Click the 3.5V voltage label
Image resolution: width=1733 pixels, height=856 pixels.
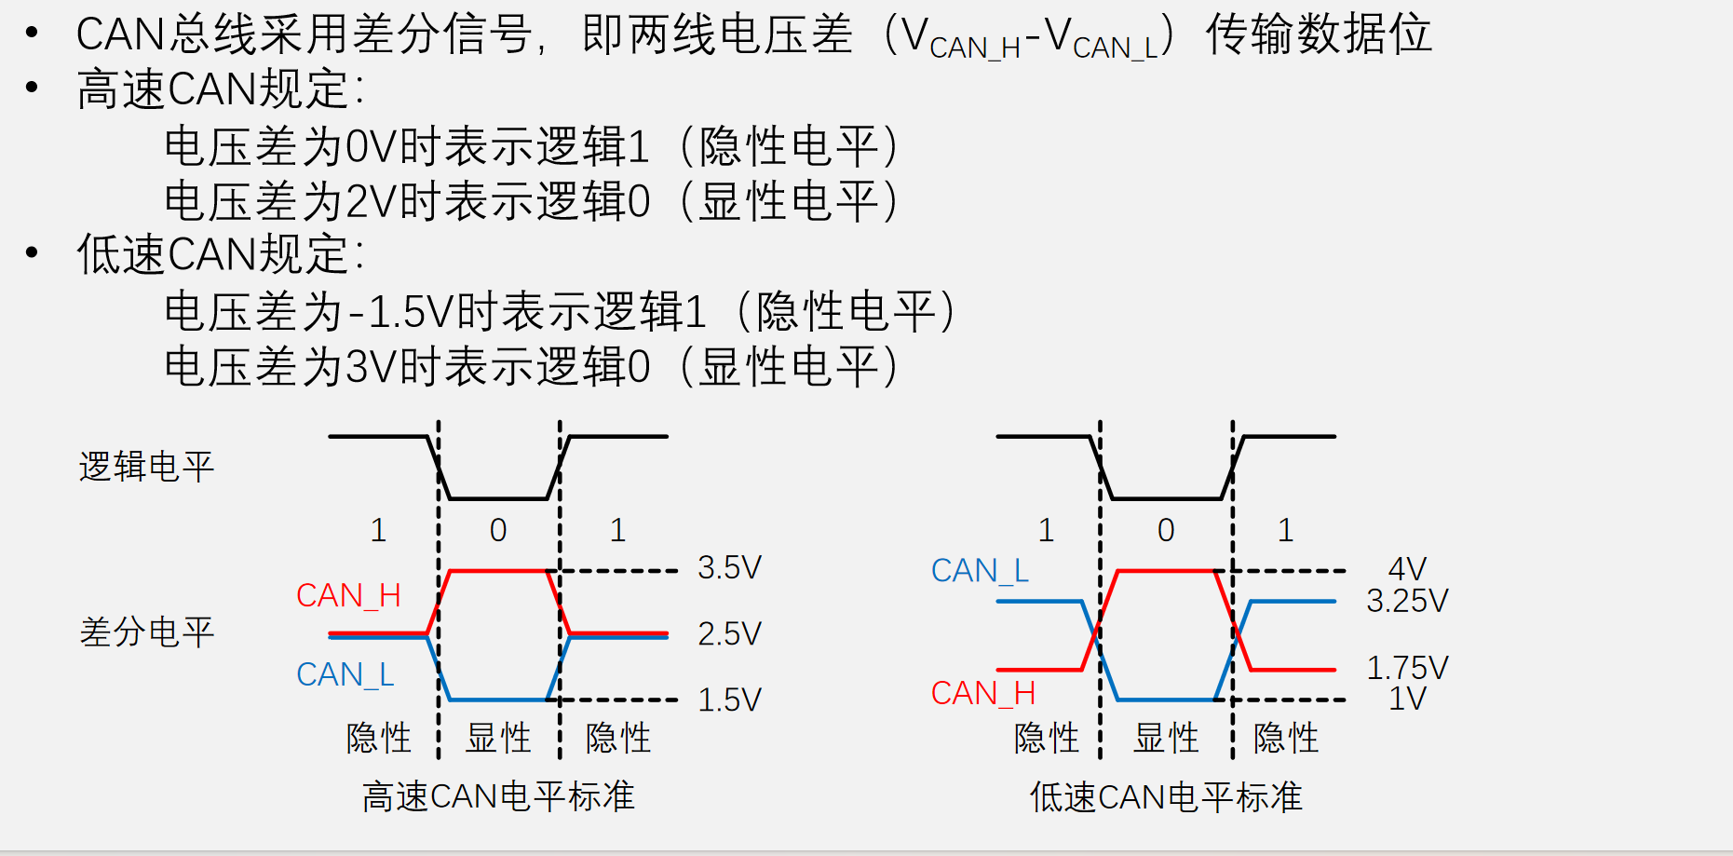point(729,567)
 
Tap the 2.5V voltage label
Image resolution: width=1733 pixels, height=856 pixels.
point(729,633)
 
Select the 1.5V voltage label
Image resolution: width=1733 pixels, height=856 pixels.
point(729,700)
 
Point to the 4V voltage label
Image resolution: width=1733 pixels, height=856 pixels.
point(1407,568)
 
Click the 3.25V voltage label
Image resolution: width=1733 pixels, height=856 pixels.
point(1407,601)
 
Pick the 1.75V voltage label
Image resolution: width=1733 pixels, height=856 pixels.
point(1407,668)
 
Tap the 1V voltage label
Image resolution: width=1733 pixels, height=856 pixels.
point(1407,699)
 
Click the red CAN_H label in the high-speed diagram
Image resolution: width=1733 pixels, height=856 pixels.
point(348,596)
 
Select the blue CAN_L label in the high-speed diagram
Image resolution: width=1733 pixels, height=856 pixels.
point(345,674)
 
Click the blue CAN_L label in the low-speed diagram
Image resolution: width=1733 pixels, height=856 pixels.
point(980,571)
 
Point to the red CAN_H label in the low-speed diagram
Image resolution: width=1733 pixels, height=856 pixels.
point(983,694)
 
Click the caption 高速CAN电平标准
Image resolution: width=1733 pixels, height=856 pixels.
point(498,796)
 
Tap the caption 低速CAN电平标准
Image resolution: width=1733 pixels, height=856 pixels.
point(1166,797)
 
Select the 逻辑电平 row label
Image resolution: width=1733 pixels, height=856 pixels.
point(147,467)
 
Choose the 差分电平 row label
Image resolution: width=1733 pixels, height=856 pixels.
point(147,632)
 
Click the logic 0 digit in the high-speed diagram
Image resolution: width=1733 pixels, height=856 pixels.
point(498,530)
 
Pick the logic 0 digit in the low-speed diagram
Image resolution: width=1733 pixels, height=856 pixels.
point(1166,530)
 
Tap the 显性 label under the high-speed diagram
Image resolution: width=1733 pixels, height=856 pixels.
point(498,738)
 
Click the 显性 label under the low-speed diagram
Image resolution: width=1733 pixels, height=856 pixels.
point(1166,738)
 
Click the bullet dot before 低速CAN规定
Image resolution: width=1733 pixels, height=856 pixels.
point(33,252)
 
